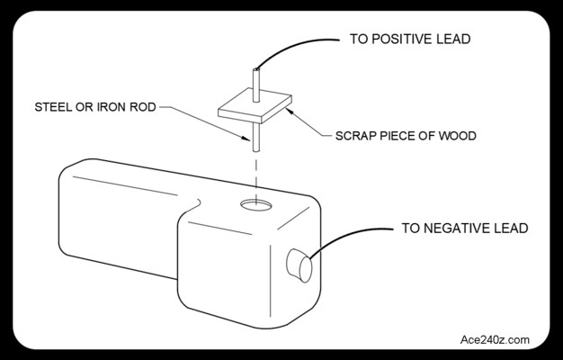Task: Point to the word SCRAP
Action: (354, 136)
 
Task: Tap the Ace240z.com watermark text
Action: (495, 339)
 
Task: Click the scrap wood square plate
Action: (255, 105)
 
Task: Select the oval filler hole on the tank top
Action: (256, 205)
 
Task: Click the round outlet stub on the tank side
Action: (299, 265)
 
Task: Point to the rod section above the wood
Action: (256, 85)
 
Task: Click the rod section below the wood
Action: (256, 137)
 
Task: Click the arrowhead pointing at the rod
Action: (246, 138)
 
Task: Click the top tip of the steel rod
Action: (256, 68)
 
